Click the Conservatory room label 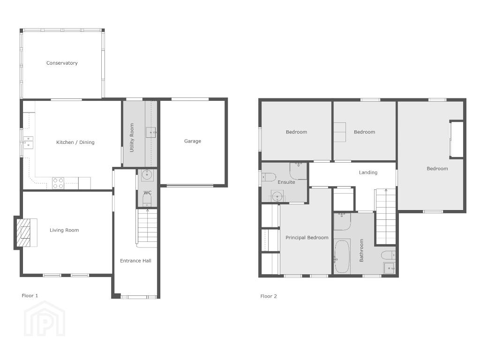point(62,63)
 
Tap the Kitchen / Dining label point(75,142)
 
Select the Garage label point(193,141)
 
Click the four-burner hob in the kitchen point(58,183)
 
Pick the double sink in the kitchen point(28,142)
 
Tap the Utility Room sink point(150,132)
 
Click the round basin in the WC point(147,175)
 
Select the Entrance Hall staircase point(147,228)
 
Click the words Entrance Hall point(135,261)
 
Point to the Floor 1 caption point(30,296)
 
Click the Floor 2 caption point(269,296)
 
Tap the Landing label point(368,172)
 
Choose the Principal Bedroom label point(307,238)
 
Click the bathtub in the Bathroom point(342,256)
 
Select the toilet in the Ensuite point(269,177)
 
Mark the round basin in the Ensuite point(277,195)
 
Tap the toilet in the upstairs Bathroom point(388,255)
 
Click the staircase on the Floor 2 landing point(386,217)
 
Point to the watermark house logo point(45,319)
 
